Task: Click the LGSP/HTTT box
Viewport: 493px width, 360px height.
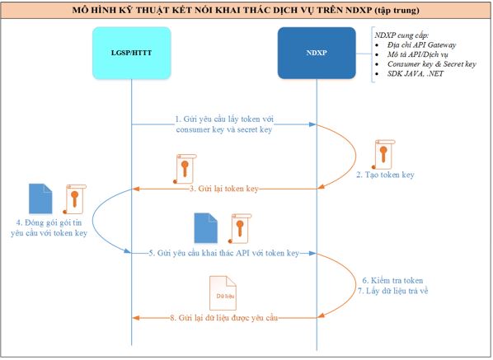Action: [132, 53]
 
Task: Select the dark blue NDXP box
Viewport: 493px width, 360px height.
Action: [317, 53]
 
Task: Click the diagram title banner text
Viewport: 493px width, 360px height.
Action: [246, 10]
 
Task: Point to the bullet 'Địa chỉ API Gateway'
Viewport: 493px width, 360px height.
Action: [421, 45]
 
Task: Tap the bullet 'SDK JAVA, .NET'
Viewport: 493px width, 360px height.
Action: [415, 74]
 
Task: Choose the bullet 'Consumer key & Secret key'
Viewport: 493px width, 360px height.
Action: [432, 64]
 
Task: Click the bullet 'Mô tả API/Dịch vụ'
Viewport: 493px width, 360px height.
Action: [417, 54]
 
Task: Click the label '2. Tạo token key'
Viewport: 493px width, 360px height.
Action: [385, 175]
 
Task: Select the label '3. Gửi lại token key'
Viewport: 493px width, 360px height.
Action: [224, 189]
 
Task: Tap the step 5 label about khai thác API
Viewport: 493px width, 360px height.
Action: [224, 253]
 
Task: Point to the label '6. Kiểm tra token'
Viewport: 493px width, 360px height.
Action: [392, 280]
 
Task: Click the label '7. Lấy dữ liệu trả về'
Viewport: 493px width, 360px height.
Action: [392, 291]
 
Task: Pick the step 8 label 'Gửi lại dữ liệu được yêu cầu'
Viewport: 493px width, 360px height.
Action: [224, 318]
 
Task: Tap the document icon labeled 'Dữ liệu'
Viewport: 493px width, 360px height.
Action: [223, 292]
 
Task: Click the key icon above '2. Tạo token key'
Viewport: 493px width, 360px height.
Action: [383, 155]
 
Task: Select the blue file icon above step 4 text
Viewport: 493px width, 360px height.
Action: [40, 199]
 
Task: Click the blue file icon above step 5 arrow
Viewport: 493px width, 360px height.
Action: [205, 228]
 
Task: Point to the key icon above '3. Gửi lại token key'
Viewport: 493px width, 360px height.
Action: [185, 169]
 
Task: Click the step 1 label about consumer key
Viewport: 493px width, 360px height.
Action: [224, 124]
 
